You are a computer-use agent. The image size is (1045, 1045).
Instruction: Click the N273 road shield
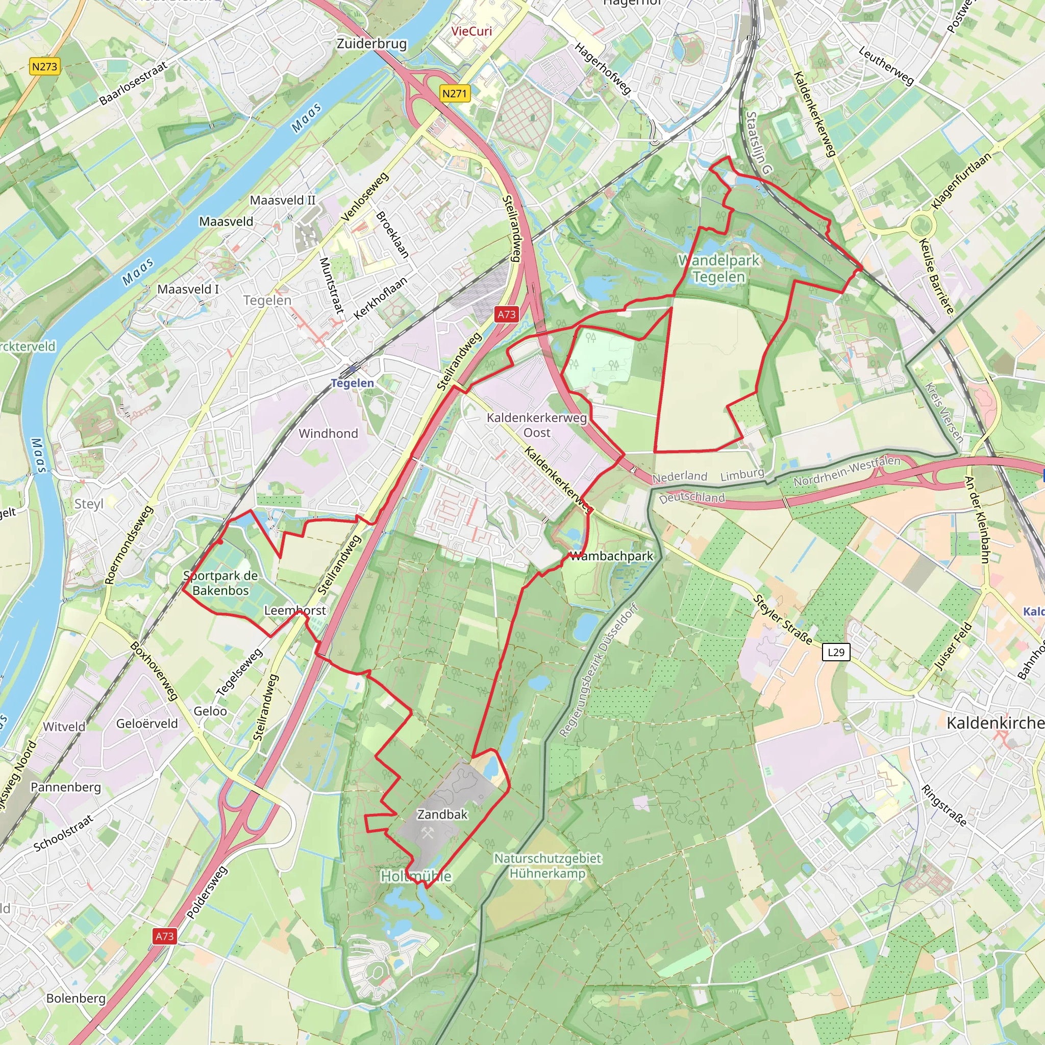[44, 66]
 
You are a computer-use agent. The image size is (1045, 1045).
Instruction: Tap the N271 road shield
[454, 93]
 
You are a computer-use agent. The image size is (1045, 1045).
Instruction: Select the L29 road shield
[836, 652]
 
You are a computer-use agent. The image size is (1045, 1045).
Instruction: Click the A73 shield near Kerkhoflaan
[506, 314]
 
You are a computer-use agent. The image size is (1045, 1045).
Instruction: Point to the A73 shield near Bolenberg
[165, 936]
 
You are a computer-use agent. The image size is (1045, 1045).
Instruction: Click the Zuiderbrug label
[371, 44]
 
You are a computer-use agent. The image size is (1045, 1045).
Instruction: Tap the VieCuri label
[471, 31]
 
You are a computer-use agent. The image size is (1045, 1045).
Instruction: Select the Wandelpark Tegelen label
[719, 268]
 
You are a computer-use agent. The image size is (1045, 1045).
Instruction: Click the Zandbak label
[442, 814]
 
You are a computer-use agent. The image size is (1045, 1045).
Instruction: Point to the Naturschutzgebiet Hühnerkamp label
[548, 865]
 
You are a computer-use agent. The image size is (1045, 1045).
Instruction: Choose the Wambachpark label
[612, 556]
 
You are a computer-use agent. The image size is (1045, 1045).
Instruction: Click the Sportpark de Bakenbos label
[220, 583]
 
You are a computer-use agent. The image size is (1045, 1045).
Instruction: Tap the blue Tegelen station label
[352, 383]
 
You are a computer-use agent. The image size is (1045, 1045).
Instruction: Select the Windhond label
[328, 433]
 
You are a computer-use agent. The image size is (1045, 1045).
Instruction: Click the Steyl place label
[89, 504]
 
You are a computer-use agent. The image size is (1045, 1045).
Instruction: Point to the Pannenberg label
[66, 787]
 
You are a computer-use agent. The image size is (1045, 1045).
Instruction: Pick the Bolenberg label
[76, 998]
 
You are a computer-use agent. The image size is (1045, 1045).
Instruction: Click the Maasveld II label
[282, 200]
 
